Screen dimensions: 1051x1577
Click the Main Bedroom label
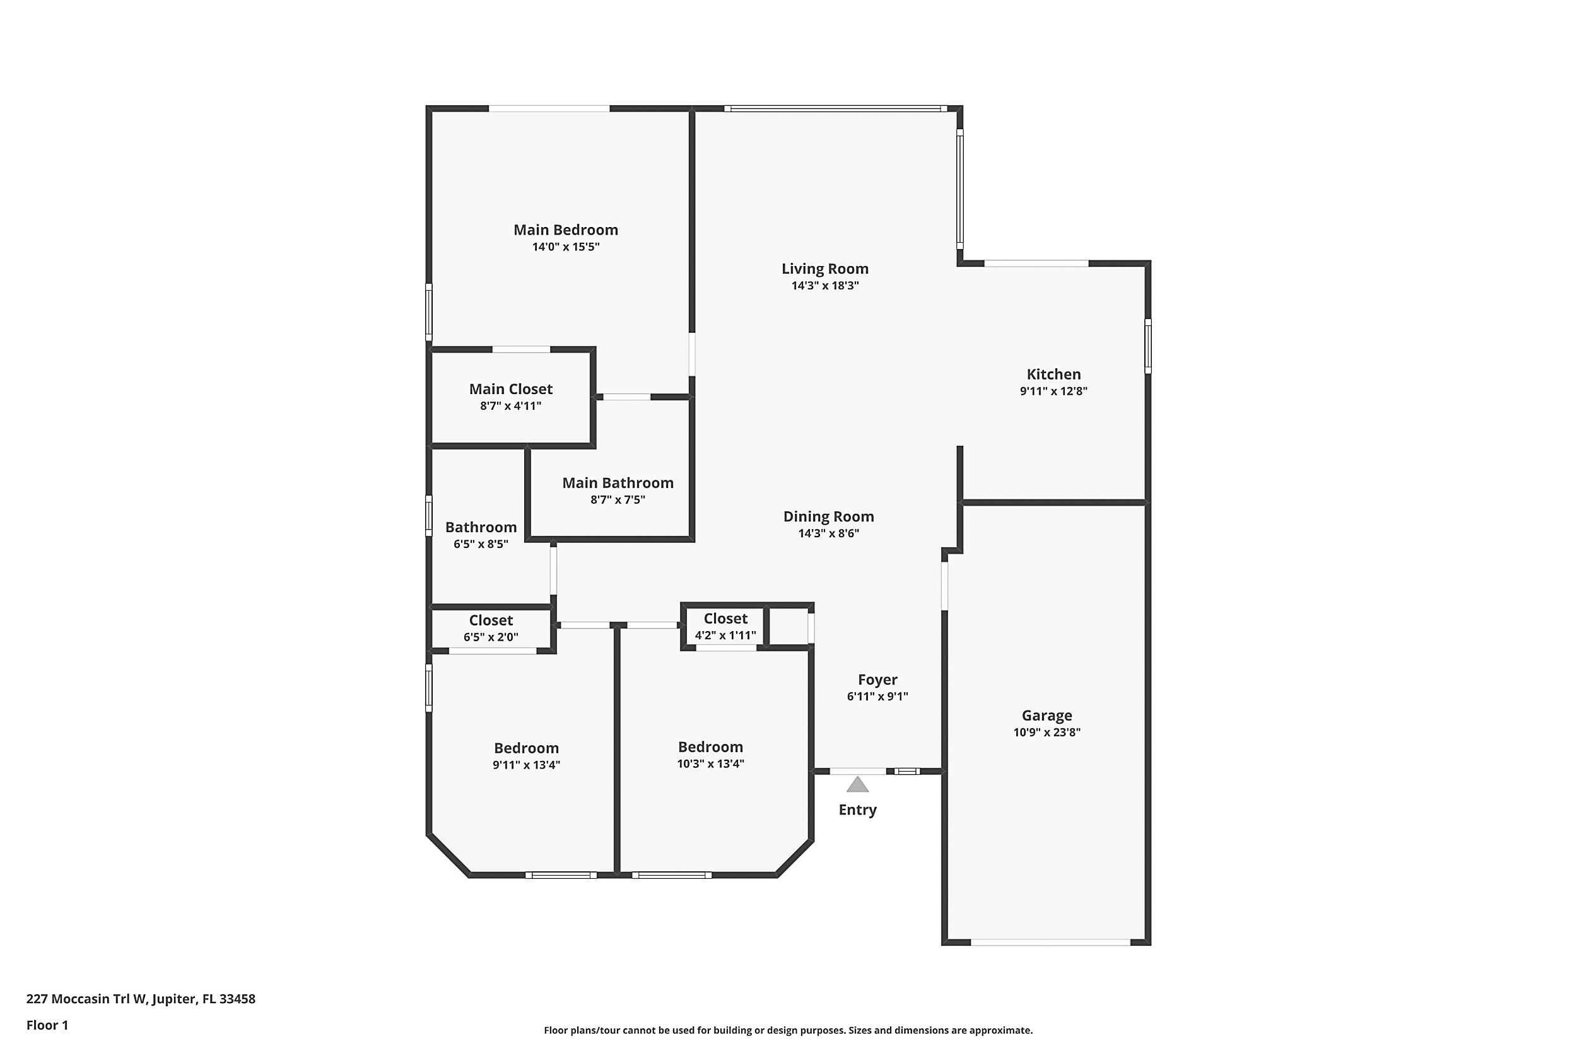(565, 230)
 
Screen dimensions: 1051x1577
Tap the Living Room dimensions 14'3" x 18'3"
(824, 286)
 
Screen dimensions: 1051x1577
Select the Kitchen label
(1053, 375)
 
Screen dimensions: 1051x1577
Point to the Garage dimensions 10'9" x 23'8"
(1046, 733)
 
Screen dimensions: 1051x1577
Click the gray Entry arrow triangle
(857, 784)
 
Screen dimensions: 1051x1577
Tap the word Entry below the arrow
(857, 810)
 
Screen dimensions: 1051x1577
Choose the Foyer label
(877, 680)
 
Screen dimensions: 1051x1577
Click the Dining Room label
(829, 517)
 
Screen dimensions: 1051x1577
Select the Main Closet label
(511, 390)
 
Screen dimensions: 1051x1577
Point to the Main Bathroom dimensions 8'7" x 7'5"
(618, 500)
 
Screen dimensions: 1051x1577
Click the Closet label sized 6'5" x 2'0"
(491, 620)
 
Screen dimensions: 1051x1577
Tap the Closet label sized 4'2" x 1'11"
(725, 618)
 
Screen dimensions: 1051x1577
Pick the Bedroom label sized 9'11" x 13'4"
(526, 748)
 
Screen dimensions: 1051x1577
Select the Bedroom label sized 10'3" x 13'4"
(710, 746)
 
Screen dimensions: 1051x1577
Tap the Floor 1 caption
(47, 1025)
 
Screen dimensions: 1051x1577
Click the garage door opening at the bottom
(1050, 943)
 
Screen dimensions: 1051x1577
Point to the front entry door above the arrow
(857, 772)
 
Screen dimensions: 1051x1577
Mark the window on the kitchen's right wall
(1148, 347)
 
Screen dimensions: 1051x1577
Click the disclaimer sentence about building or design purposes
(788, 1030)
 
